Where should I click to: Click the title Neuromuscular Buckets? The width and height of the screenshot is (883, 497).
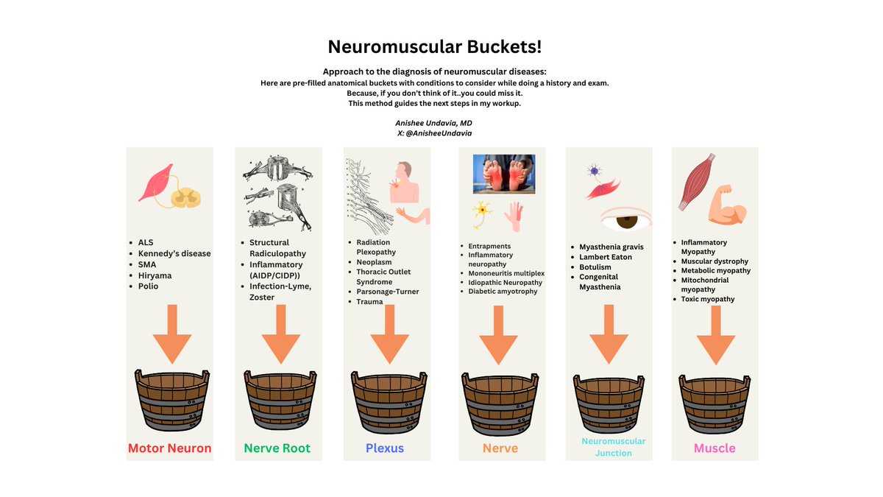coord(434,46)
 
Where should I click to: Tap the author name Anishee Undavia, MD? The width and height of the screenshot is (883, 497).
coord(434,123)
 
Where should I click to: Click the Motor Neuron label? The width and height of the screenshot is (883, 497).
coord(170,448)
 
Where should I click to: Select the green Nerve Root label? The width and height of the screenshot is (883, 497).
coord(277,448)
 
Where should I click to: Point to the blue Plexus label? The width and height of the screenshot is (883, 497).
coord(385,448)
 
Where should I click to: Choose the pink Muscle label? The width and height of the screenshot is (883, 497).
coord(714,448)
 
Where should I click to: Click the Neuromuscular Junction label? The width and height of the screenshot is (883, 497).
coord(613,447)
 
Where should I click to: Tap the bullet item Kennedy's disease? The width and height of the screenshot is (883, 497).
coord(174,253)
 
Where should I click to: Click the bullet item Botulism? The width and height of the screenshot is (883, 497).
coord(595,267)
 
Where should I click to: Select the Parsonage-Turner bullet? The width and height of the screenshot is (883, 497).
coord(388,292)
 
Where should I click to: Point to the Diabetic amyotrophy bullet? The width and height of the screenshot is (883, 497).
coord(503,292)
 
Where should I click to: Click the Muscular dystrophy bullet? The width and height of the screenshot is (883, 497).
coord(714,261)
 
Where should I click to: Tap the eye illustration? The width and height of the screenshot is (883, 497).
coord(626,219)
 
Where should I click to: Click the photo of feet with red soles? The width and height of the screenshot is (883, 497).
coord(504,174)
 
